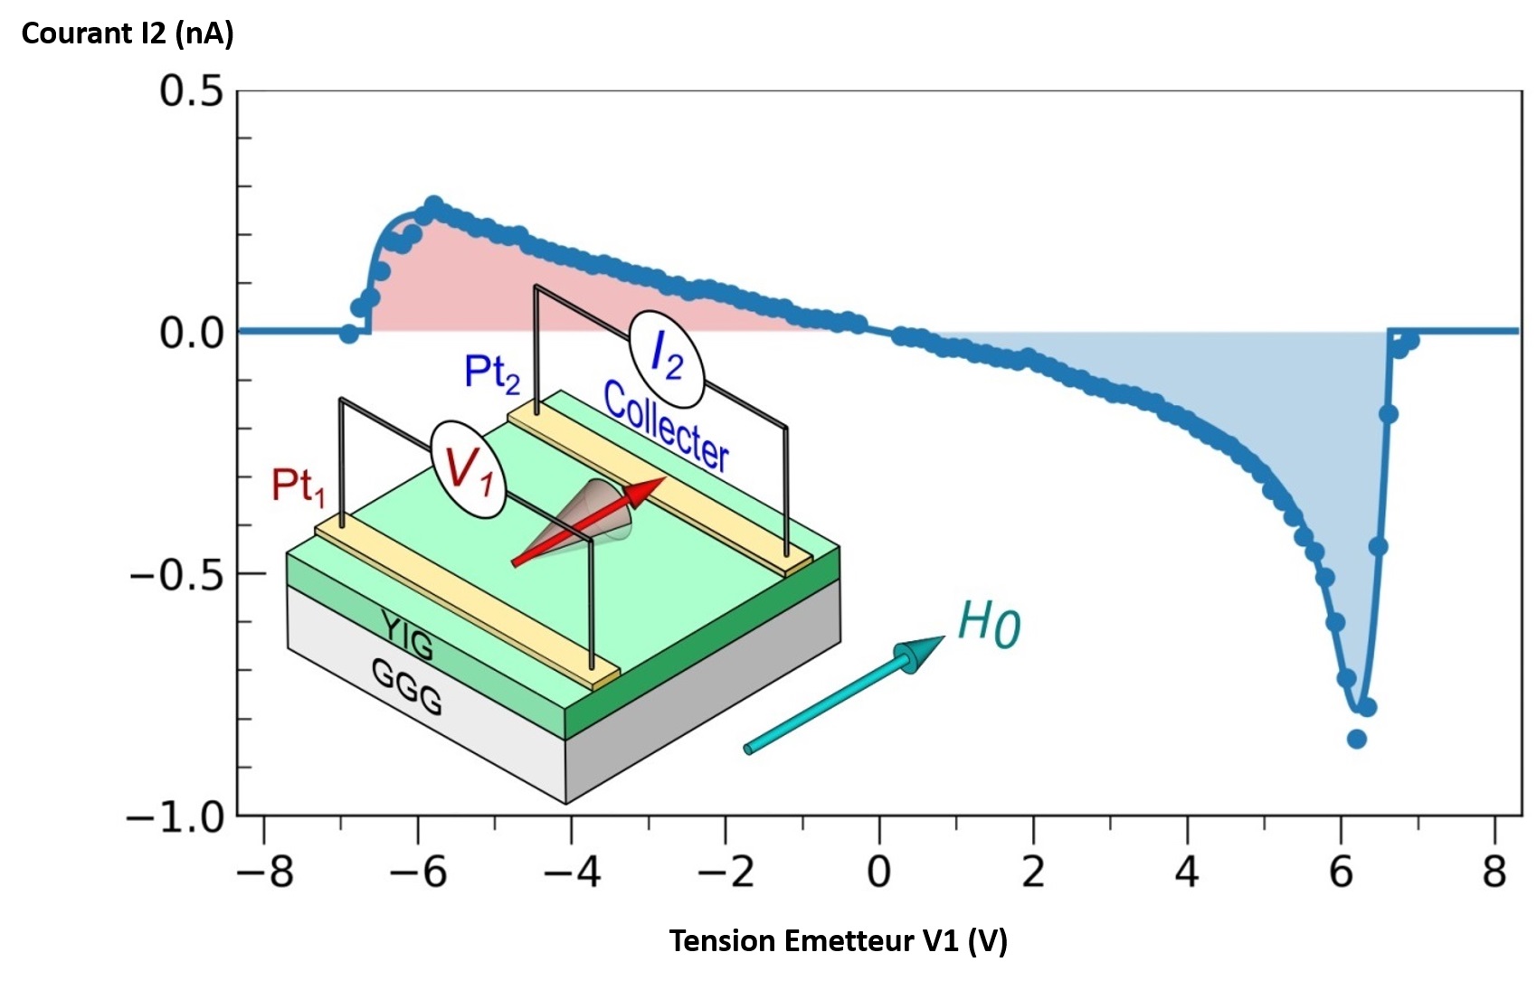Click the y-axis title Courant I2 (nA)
tap(128, 33)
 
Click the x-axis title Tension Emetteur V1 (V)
tap(838, 941)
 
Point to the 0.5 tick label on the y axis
tap(191, 91)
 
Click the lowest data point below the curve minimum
tap(1356, 739)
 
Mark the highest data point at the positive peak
tap(434, 204)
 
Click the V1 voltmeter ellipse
tap(468, 469)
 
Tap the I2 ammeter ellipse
tap(667, 358)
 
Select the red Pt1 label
tap(298, 486)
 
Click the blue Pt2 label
tap(492, 372)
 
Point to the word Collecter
tap(666, 427)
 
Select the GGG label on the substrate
tap(407, 686)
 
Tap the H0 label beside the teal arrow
tap(988, 624)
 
